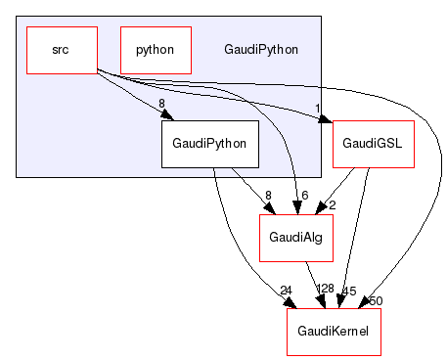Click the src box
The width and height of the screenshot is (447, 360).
[x=61, y=49]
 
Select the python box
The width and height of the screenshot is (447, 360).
[x=156, y=49]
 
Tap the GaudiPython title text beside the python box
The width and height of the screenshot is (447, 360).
[x=261, y=49]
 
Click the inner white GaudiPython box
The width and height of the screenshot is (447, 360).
[x=209, y=144]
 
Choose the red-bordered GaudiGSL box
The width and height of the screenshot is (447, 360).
[x=373, y=144]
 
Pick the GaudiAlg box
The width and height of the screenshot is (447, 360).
[x=295, y=238]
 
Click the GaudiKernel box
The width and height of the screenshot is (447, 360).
[x=333, y=333]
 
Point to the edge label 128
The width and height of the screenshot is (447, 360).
[x=324, y=290]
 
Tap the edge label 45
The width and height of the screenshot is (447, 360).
[x=349, y=290]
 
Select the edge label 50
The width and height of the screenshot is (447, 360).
[x=375, y=299]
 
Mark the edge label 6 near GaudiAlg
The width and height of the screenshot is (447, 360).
[x=304, y=195]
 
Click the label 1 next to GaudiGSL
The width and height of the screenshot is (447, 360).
[x=317, y=110]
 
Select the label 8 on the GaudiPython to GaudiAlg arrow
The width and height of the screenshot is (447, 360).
[x=267, y=196]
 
